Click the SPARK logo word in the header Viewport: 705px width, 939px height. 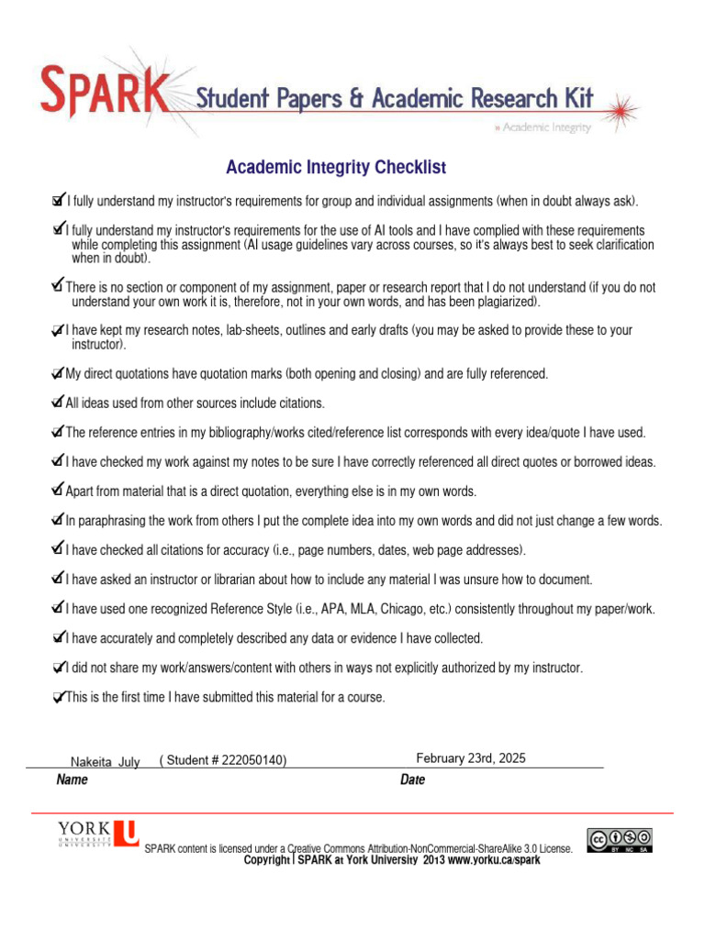coord(102,91)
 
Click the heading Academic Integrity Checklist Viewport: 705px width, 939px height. coord(336,167)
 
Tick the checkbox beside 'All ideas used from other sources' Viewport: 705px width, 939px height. coord(59,402)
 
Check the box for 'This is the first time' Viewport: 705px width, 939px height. coord(59,697)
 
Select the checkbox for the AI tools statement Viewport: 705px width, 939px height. coord(59,228)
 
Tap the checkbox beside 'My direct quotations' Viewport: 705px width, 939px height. coord(59,372)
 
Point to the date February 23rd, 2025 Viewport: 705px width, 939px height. coord(471,758)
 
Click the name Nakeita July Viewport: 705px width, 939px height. coord(106,762)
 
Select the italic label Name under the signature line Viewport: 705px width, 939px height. coord(72,780)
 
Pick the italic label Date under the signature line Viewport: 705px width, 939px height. coord(412,780)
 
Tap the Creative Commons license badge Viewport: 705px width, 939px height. coord(621,840)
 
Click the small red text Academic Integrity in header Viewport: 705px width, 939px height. coord(543,127)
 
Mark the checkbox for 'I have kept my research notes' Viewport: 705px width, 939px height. coord(59,329)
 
